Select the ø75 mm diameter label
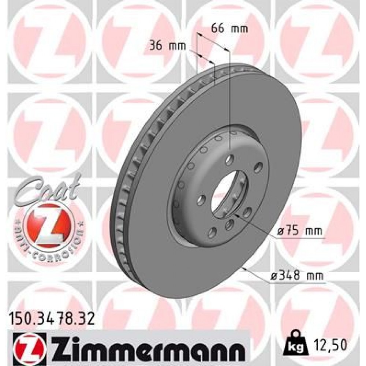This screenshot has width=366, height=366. (x=299, y=231)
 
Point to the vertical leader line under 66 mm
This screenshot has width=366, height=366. (x=229, y=102)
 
